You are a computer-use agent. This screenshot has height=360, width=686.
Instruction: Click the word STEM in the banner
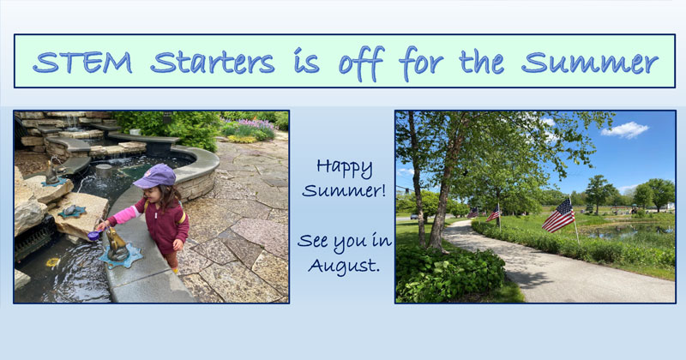click(x=82, y=62)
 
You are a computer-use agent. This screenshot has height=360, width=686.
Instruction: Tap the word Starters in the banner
click(x=212, y=62)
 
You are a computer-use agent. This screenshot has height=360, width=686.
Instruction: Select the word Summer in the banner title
click(x=590, y=63)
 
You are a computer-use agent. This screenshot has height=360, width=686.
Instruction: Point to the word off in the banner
click(x=361, y=64)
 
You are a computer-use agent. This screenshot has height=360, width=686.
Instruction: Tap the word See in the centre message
click(x=313, y=241)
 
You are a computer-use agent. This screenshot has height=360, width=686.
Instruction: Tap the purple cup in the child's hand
click(x=93, y=236)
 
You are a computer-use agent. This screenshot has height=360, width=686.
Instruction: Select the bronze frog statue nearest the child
click(x=117, y=246)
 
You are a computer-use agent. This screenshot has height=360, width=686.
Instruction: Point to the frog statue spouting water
click(x=52, y=172)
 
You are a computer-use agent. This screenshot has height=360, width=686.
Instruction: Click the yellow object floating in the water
click(x=53, y=262)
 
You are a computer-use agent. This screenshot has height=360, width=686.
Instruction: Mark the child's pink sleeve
click(x=124, y=215)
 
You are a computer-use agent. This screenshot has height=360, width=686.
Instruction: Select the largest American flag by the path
click(x=559, y=216)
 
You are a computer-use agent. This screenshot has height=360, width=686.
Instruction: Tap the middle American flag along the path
click(x=493, y=213)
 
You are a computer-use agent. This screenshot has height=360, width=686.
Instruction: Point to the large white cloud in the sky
click(x=625, y=130)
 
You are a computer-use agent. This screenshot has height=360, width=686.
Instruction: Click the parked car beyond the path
click(x=413, y=217)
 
